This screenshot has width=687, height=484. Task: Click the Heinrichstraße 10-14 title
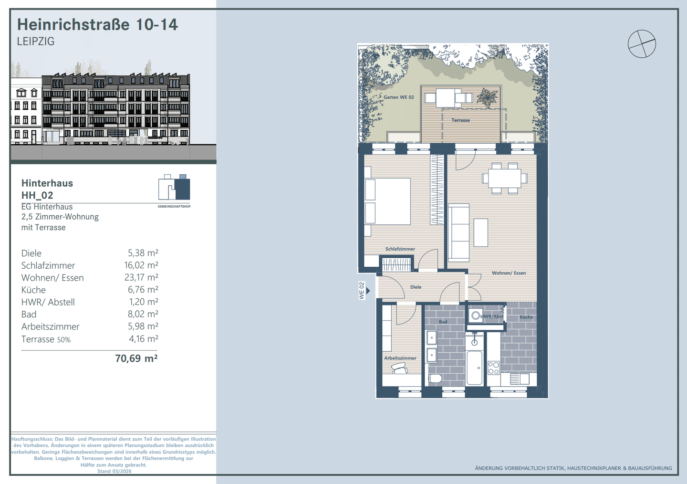point(97,24)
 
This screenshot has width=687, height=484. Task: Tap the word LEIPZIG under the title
point(36,42)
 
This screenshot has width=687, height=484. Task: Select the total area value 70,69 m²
point(136,358)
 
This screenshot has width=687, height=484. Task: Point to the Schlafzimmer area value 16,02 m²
point(141,265)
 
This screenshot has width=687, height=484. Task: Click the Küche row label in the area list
point(33,290)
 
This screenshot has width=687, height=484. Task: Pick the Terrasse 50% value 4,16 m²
point(144,339)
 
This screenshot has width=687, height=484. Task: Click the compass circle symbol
point(642,44)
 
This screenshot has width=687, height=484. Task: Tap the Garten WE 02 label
point(399,97)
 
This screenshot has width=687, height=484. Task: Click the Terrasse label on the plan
point(461,120)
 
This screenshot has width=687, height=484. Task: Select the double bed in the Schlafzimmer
point(388,201)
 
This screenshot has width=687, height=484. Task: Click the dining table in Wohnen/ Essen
point(505,179)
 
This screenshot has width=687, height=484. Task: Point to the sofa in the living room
point(459,232)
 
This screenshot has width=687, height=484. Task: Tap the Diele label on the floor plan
point(416,287)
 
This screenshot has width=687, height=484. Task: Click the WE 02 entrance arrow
point(368,290)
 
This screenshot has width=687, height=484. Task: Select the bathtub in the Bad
point(474,368)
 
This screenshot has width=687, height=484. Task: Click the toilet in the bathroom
point(435,379)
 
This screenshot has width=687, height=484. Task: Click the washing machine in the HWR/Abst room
point(476,316)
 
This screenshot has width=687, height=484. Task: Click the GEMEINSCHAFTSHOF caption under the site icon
point(174,207)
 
